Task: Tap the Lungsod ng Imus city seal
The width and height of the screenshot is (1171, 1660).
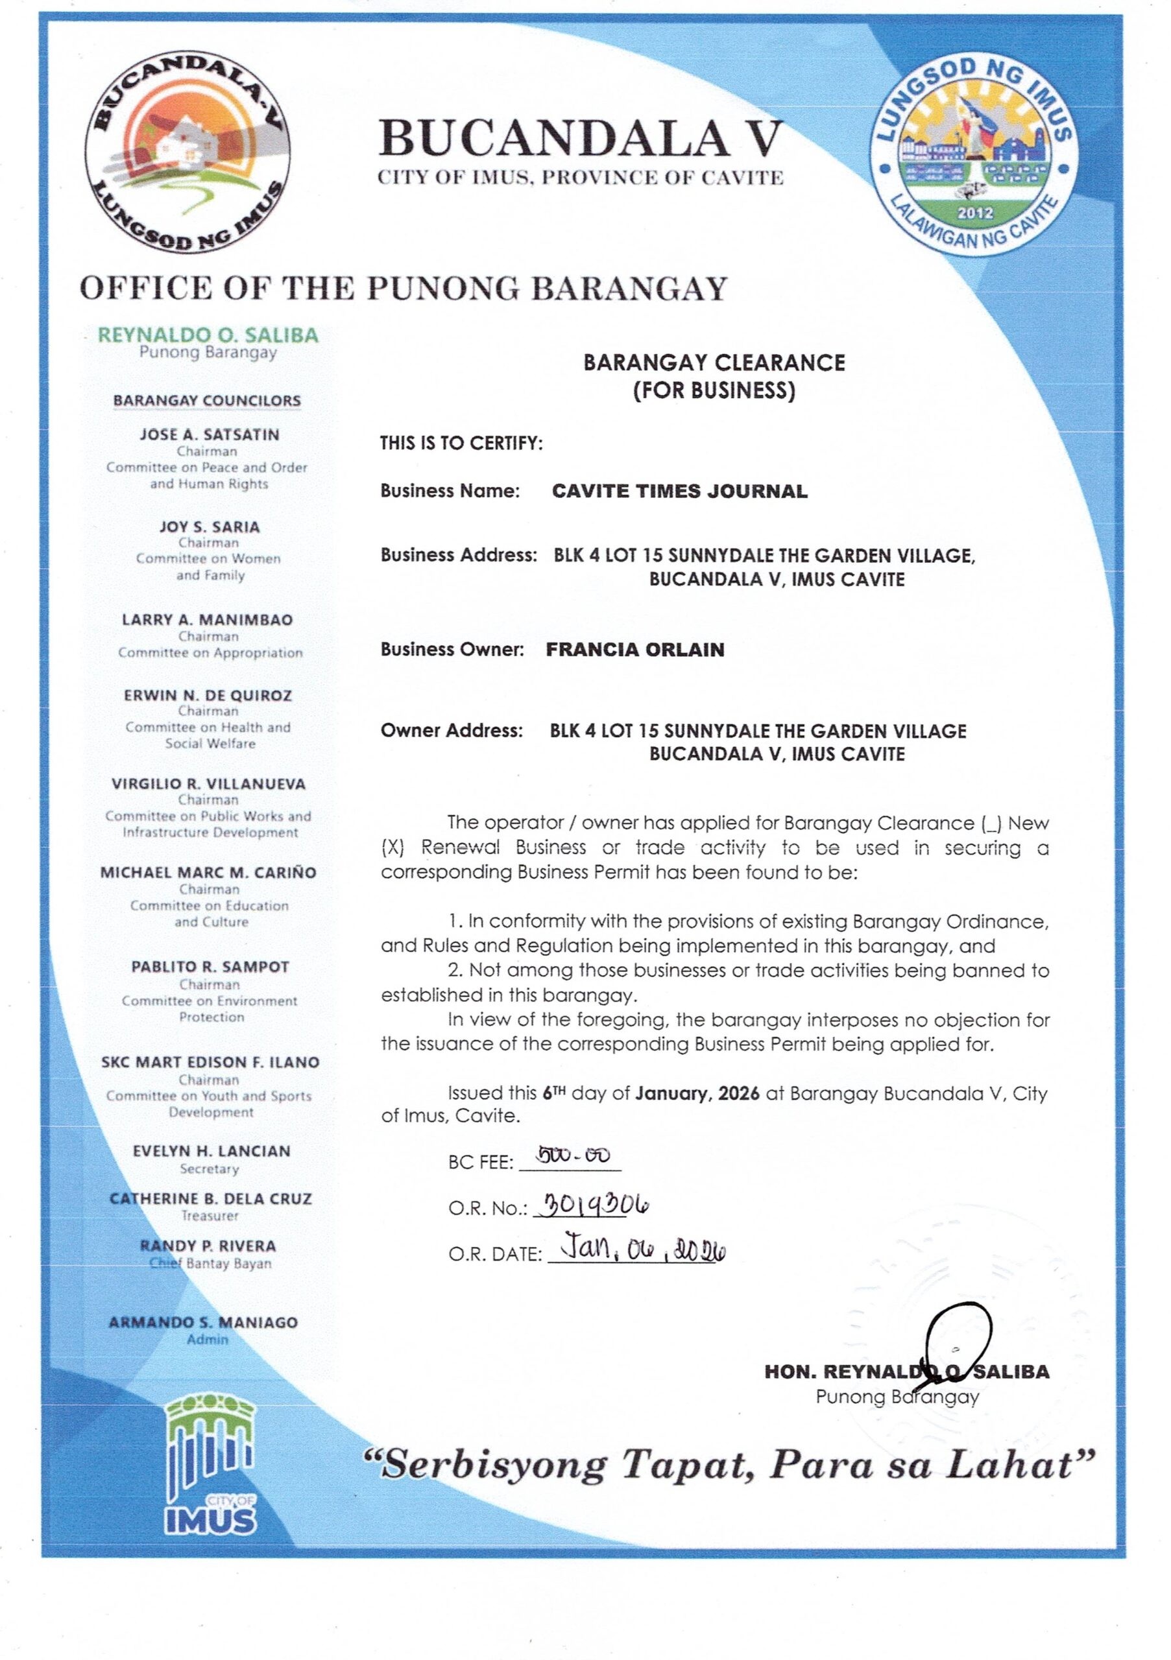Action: pyautogui.click(x=974, y=153)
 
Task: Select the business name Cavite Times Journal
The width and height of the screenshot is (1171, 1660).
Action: pyautogui.click(x=679, y=492)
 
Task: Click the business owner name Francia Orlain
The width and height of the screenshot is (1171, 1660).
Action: pyautogui.click(x=634, y=649)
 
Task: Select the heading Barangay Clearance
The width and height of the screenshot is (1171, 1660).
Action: pyautogui.click(x=714, y=363)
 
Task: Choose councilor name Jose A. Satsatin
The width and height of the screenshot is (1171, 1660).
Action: pyautogui.click(x=209, y=434)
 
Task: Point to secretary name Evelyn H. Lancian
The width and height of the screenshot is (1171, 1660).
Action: pyautogui.click(x=211, y=1151)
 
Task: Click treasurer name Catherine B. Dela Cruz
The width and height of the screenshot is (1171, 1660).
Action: pyautogui.click(x=210, y=1199)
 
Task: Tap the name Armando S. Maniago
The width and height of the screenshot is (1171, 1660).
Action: pyautogui.click(x=202, y=1322)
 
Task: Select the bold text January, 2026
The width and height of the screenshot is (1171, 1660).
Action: pyautogui.click(x=697, y=1094)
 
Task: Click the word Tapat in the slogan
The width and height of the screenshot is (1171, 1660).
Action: pyautogui.click(x=686, y=1466)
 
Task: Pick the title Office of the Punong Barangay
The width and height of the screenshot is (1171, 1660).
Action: pyautogui.click(x=403, y=288)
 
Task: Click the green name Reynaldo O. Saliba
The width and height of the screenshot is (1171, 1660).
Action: pyautogui.click(x=208, y=335)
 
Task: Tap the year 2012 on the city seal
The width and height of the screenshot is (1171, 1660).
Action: pyautogui.click(x=975, y=213)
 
